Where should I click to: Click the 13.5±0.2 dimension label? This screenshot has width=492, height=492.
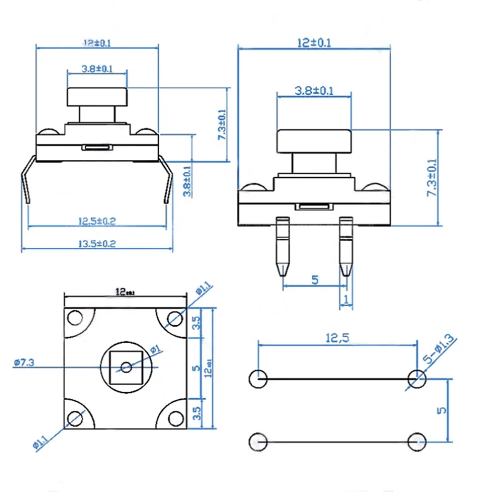coord(97,244)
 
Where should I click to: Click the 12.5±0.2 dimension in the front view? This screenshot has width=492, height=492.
coord(97,221)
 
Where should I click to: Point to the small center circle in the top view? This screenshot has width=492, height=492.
coord(126,367)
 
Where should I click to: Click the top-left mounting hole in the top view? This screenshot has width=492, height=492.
coord(75,318)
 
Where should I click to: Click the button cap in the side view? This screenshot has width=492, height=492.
coord(314,141)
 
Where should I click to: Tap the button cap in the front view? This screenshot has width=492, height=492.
coord(97,97)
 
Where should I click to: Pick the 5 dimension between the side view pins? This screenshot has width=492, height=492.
coord(315,280)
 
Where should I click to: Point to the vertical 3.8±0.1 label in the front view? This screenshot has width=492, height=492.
coord(187,180)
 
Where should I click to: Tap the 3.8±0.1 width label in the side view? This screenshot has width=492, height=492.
coord(314,91)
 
